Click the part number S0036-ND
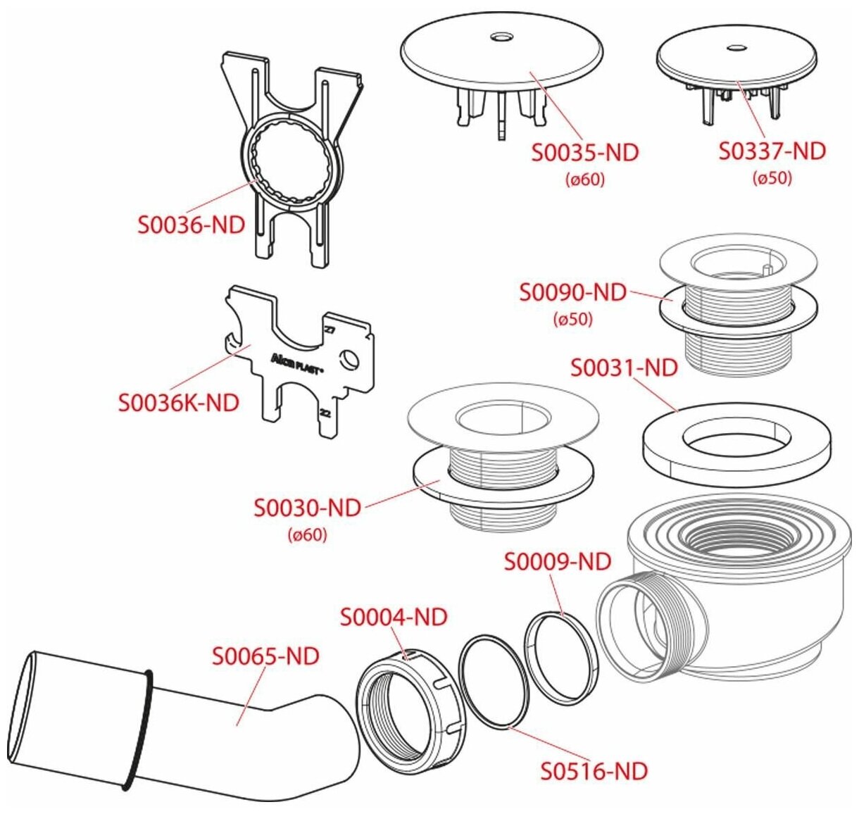pyautogui.click(x=192, y=225)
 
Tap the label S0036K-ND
pyautogui.click(x=179, y=403)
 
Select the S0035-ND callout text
pyautogui.click(x=585, y=153)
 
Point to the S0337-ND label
pyautogui.click(x=772, y=151)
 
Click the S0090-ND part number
pyautogui.click(x=572, y=292)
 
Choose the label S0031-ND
pyautogui.click(x=624, y=368)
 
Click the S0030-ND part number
pyautogui.click(x=307, y=508)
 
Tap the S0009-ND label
pyautogui.click(x=558, y=562)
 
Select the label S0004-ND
pyautogui.click(x=394, y=617)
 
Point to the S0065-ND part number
pyautogui.click(x=266, y=656)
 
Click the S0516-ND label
pyautogui.click(x=594, y=771)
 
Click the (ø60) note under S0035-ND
pyautogui.click(x=585, y=180)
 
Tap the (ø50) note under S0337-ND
pyautogui.click(x=772, y=178)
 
